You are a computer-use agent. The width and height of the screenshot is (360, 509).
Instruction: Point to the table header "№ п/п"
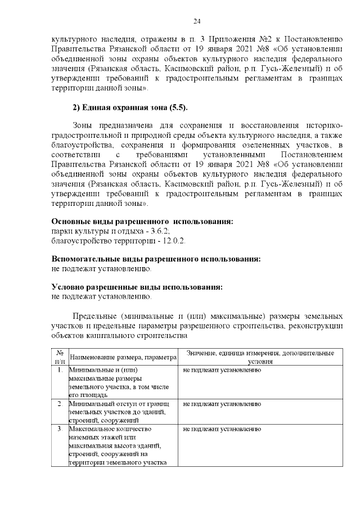(59, 356)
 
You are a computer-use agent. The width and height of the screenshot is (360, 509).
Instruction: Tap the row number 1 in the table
(59, 371)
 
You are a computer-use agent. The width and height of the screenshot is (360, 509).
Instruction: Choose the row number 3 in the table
(59, 429)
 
